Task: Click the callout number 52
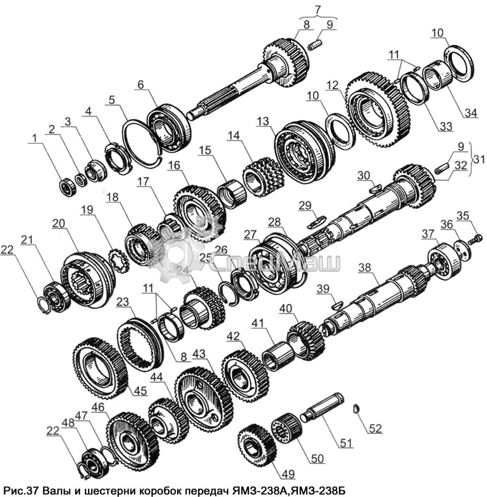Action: pyautogui.click(x=375, y=428)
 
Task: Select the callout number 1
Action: pyautogui.click(x=34, y=138)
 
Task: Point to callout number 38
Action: pyautogui.click(x=364, y=268)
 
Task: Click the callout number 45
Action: pyautogui.click(x=140, y=391)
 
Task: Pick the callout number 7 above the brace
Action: pyautogui.click(x=317, y=9)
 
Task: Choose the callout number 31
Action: pyautogui.click(x=479, y=159)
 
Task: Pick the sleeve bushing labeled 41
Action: pyautogui.click(x=275, y=356)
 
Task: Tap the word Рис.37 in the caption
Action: pyautogui.click(x=20, y=491)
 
